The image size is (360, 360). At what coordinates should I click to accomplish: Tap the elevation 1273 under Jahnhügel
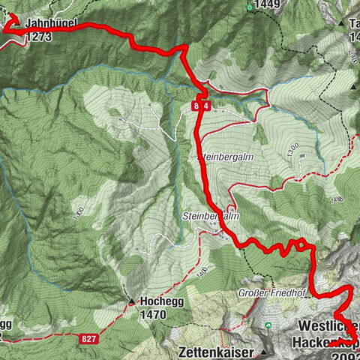coord(39,35)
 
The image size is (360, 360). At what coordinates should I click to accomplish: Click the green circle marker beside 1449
coord(250,7)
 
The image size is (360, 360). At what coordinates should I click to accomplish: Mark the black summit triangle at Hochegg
coord(132,303)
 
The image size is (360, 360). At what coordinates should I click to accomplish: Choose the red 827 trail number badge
coord(88,340)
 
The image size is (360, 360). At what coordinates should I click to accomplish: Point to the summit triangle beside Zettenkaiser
coord(263,350)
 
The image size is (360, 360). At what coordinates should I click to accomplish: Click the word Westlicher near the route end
coord(329,326)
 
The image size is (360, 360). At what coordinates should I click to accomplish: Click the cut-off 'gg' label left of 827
coord(5,324)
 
